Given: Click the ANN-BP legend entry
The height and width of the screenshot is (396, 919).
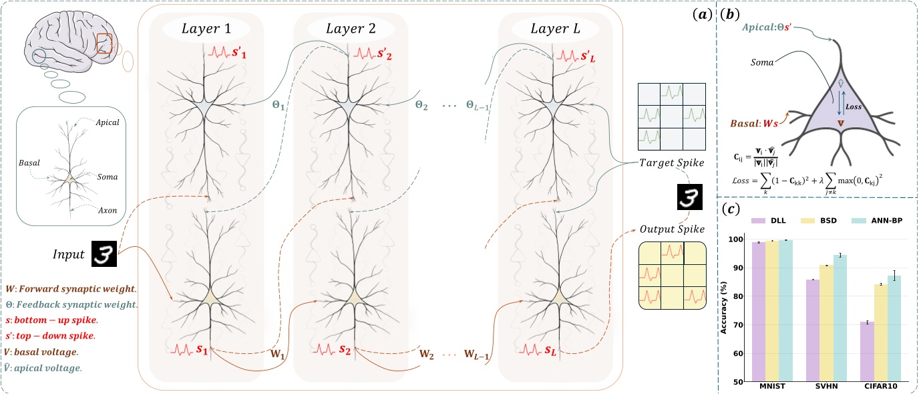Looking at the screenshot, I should pos(880,219).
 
